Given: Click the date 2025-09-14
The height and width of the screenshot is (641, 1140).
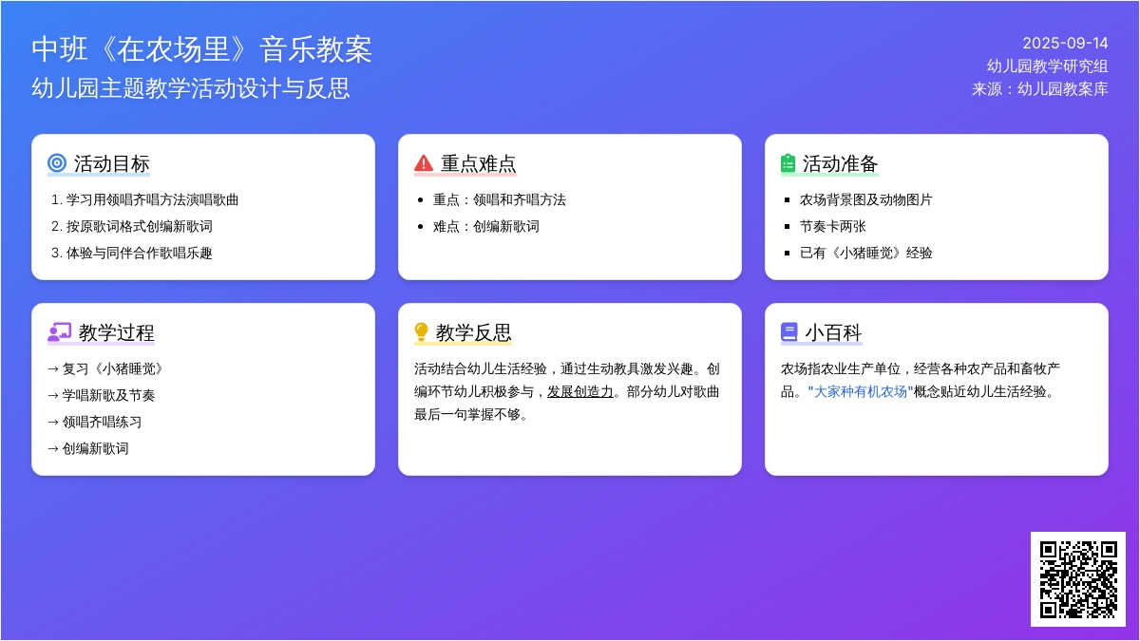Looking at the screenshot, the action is tap(1065, 44).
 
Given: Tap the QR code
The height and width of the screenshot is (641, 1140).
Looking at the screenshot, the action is tap(1078, 579).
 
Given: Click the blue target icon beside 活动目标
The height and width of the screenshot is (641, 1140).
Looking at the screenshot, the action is tap(57, 163).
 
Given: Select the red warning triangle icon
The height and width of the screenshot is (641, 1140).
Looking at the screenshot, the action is tap(424, 163).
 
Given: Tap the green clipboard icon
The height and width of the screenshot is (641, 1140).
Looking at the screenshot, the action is tap(788, 163).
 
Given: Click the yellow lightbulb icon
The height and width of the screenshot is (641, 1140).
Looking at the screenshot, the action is tap(421, 332).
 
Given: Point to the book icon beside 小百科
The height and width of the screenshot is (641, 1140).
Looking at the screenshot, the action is tap(788, 332).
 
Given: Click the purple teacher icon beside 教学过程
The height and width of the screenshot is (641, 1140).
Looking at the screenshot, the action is tap(60, 332).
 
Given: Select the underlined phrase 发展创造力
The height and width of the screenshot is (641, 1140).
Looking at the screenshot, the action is tap(580, 391).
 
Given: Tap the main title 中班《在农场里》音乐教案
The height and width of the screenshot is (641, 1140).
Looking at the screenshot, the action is tap(202, 49).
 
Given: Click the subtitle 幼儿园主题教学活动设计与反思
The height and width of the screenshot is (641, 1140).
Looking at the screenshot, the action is tap(191, 88).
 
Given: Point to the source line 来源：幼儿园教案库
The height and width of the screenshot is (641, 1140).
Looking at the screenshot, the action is tap(1039, 89).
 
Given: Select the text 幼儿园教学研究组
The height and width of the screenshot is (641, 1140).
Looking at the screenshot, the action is tap(1047, 66).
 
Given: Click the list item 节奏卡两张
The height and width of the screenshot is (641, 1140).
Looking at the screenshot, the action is tap(832, 226).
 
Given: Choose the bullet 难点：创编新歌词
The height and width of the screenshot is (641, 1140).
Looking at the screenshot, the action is tap(486, 226).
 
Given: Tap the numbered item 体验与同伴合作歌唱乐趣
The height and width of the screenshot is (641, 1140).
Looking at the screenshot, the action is tap(139, 253).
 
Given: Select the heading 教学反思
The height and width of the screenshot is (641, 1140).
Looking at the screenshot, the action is tap(473, 332).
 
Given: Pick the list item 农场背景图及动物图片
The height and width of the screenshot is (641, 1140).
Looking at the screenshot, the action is tap(865, 200).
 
